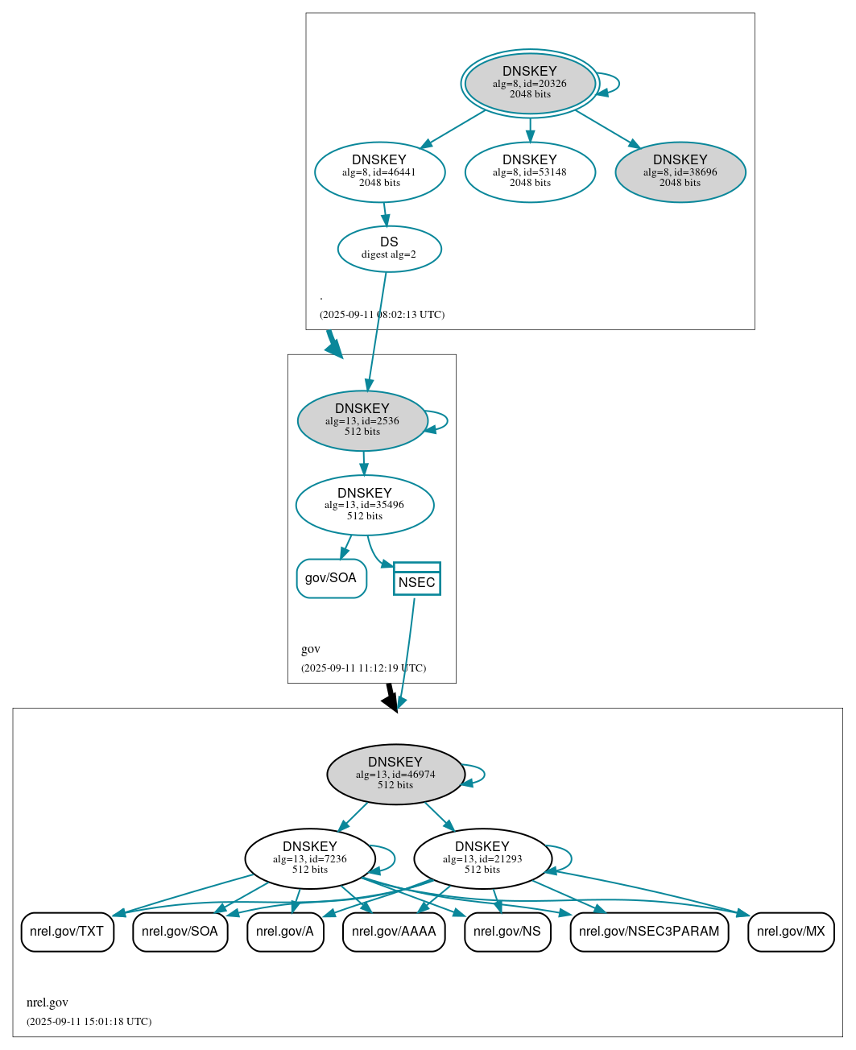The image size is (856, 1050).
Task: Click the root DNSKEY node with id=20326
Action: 530,83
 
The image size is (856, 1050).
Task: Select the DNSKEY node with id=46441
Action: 379,172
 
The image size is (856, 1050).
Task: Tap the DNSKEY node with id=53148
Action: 530,172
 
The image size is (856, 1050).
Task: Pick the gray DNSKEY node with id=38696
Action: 680,172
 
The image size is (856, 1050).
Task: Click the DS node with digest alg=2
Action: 389,248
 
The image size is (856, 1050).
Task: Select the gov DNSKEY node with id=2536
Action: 362,420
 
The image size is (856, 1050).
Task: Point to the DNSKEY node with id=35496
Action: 365,505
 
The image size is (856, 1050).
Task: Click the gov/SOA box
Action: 331,578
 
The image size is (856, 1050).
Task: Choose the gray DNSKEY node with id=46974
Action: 395,774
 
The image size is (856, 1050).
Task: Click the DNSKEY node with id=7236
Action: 310,858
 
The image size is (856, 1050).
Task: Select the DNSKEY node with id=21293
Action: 482,858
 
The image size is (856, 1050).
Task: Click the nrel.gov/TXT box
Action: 67,932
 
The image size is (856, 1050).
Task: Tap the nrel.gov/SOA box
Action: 180,932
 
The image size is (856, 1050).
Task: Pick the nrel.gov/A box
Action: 285,932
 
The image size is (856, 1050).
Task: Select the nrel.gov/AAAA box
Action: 394,932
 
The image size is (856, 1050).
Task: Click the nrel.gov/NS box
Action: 507,932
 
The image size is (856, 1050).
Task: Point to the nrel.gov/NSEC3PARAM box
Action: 649,932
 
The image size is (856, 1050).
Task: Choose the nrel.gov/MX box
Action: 791,932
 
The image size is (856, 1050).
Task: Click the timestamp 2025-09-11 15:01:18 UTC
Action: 89,1022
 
